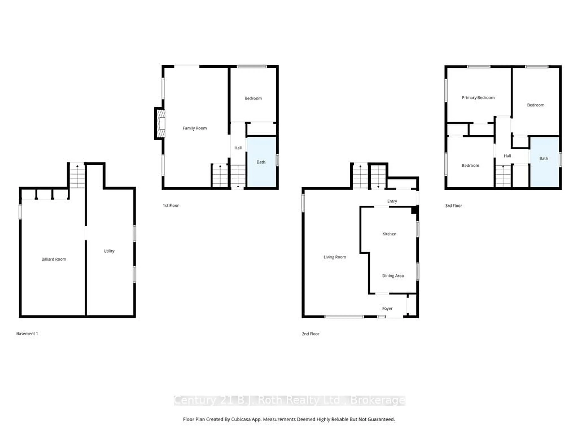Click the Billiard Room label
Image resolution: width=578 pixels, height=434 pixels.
pyautogui.click(x=54, y=259)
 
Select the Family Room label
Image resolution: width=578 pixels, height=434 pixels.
pyautogui.click(x=195, y=128)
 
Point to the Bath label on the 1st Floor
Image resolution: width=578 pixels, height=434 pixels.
pyautogui.click(x=261, y=162)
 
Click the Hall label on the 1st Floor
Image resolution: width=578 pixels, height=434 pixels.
pyautogui.click(x=238, y=148)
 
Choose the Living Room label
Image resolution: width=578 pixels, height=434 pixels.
pyautogui.click(x=335, y=257)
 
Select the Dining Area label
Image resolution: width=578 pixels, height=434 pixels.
pyautogui.click(x=393, y=276)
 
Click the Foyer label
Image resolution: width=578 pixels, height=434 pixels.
pyautogui.click(x=387, y=308)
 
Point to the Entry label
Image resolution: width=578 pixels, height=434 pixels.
pyautogui.click(x=392, y=201)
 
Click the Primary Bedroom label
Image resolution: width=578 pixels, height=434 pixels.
pyautogui.click(x=478, y=98)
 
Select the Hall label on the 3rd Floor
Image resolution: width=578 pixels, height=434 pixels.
pyautogui.click(x=507, y=156)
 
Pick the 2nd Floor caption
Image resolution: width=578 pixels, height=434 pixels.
pyautogui.click(x=310, y=334)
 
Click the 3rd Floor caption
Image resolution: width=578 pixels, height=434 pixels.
pyautogui.click(x=453, y=206)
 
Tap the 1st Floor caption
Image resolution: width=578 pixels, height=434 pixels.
pyautogui.click(x=171, y=206)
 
